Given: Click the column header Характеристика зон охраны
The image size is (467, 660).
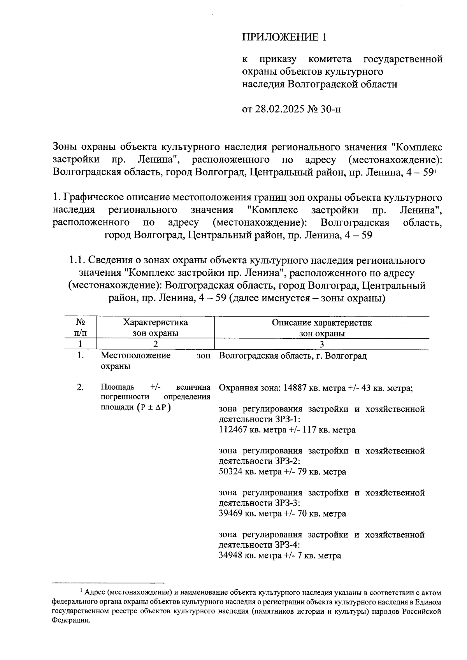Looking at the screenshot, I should [x=155, y=328].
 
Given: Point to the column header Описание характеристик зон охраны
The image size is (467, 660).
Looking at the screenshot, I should [x=321, y=328].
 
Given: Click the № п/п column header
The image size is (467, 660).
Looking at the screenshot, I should [x=80, y=328].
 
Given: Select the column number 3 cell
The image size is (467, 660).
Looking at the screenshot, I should [x=321, y=344].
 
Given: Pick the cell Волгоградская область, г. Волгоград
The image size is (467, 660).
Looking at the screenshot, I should [x=293, y=356].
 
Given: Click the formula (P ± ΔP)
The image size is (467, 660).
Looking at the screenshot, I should [x=154, y=408].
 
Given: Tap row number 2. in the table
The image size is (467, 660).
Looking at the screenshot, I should [x=80, y=388].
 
